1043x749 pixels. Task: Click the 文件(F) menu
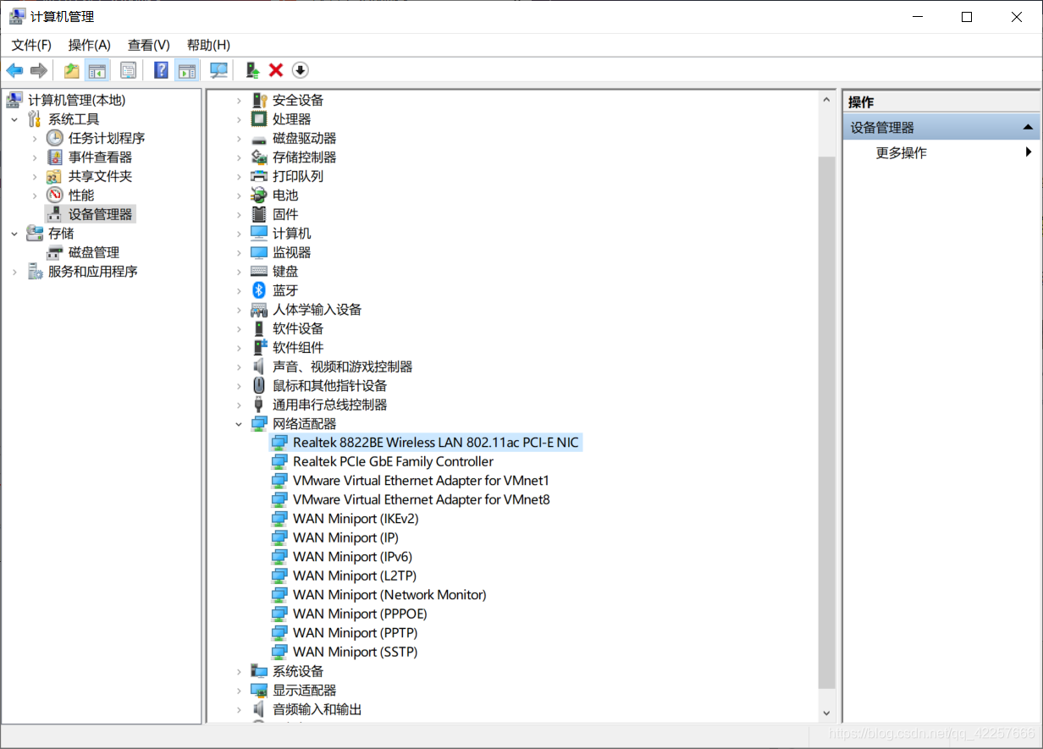pos(31,45)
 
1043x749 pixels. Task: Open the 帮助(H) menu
pos(208,45)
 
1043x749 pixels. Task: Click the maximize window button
pos(967,17)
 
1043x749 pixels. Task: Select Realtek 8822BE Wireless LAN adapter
pos(435,443)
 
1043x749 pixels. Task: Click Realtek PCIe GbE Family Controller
pos(393,462)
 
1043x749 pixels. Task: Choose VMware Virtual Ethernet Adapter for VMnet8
pos(421,500)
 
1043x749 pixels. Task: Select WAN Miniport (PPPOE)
pos(360,614)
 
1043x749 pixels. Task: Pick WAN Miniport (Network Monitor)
pos(389,595)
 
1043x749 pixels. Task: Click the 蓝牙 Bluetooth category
pos(285,290)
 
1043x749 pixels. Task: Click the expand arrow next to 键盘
pos(240,272)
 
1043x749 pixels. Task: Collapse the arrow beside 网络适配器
pos(240,424)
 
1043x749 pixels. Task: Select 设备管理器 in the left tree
pos(100,214)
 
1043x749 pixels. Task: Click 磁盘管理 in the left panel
pos(93,252)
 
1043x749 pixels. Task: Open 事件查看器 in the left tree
pos(100,157)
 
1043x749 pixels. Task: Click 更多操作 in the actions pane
pos(901,153)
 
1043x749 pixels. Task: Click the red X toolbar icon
pos(276,70)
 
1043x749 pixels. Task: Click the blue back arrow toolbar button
pos(14,70)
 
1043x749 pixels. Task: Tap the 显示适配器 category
pos(304,691)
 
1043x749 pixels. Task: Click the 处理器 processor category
pos(291,119)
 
